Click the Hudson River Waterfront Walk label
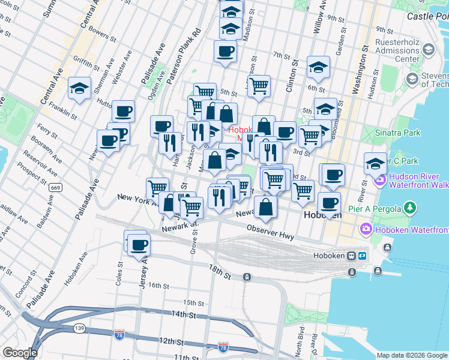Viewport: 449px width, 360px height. click(x=418, y=180)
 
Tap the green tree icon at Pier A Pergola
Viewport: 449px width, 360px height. click(x=410, y=208)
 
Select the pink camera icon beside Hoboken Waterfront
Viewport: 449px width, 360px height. click(x=365, y=229)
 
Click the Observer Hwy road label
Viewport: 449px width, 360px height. click(x=270, y=232)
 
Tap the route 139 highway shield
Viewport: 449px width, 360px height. click(x=79, y=328)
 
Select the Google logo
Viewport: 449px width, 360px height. click(x=19, y=353)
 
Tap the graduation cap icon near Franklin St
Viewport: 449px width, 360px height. click(x=79, y=88)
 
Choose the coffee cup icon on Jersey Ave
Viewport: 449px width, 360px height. click(x=139, y=244)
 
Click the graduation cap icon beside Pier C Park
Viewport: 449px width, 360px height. click(x=375, y=163)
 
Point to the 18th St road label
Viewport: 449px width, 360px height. click(x=220, y=272)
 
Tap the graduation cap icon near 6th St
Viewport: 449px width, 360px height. click(x=318, y=67)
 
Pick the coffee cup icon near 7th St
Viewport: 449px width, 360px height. click(x=225, y=52)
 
